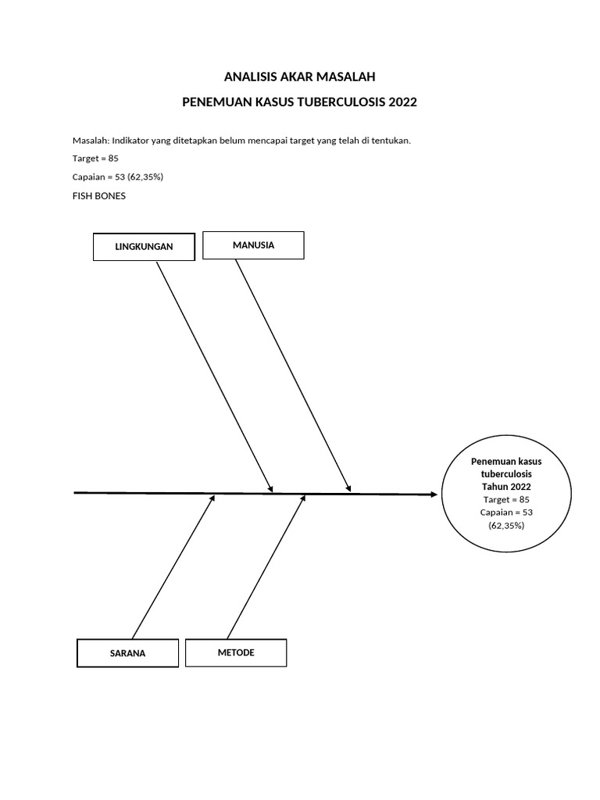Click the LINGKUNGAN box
pyautogui.click(x=144, y=246)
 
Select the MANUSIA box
pyautogui.click(x=253, y=245)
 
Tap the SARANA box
pyautogui.click(x=127, y=653)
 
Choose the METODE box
pyautogui.click(x=236, y=652)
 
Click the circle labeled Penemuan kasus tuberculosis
pyautogui.click(x=505, y=494)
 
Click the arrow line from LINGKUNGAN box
pyautogui.click(x=214, y=376)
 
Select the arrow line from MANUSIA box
pyautogui.click(x=293, y=375)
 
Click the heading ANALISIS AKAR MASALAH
pyautogui.click(x=300, y=77)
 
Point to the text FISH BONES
pyautogui.click(x=98, y=196)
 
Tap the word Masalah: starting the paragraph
pyautogui.click(x=90, y=141)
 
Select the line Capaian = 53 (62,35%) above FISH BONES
pyautogui.click(x=117, y=177)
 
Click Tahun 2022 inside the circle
pyautogui.click(x=506, y=486)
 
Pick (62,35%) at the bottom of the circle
pyautogui.click(x=506, y=526)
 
